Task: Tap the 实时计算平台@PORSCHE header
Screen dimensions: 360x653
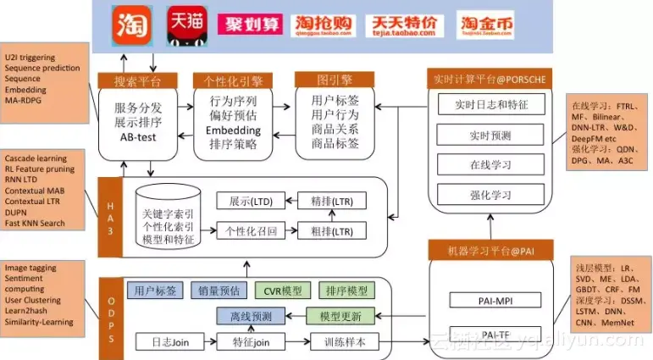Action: (490, 80)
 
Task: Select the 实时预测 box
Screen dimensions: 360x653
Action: (490, 135)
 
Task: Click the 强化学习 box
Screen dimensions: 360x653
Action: (490, 194)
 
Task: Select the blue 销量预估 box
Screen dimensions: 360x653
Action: (216, 291)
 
